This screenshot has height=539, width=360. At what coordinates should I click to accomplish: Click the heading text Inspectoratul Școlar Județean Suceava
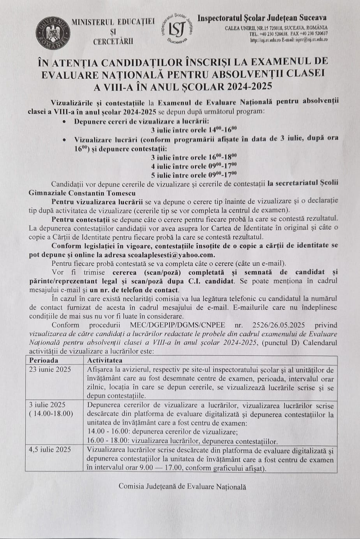pyautogui.click(x=262, y=18)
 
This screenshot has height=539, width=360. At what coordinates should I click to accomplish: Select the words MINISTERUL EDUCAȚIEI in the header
pyautogui.click(x=113, y=22)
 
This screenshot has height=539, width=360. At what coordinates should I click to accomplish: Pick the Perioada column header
pyautogui.click(x=44, y=361)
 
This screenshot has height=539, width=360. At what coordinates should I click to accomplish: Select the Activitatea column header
pyautogui.click(x=105, y=361)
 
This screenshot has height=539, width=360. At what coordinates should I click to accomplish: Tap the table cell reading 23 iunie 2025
pyautogui.click(x=50, y=369)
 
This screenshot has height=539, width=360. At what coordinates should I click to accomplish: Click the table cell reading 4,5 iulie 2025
pyautogui.click(x=50, y=449)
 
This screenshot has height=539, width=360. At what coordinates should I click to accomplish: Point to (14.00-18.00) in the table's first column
pyautogui.click(x=51, y=414)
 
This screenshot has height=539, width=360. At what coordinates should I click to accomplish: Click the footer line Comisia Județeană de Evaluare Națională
pyautogui.click(x=182, y=486)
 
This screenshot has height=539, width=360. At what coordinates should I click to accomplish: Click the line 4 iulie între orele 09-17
pyautogui.click(x=194, y=166)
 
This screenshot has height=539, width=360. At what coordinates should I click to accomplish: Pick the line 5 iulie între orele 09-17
pyautogui.click(x=194, y=175)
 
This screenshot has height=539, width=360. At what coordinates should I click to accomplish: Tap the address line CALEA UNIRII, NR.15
pyautogui.click(x=276, y=28)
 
